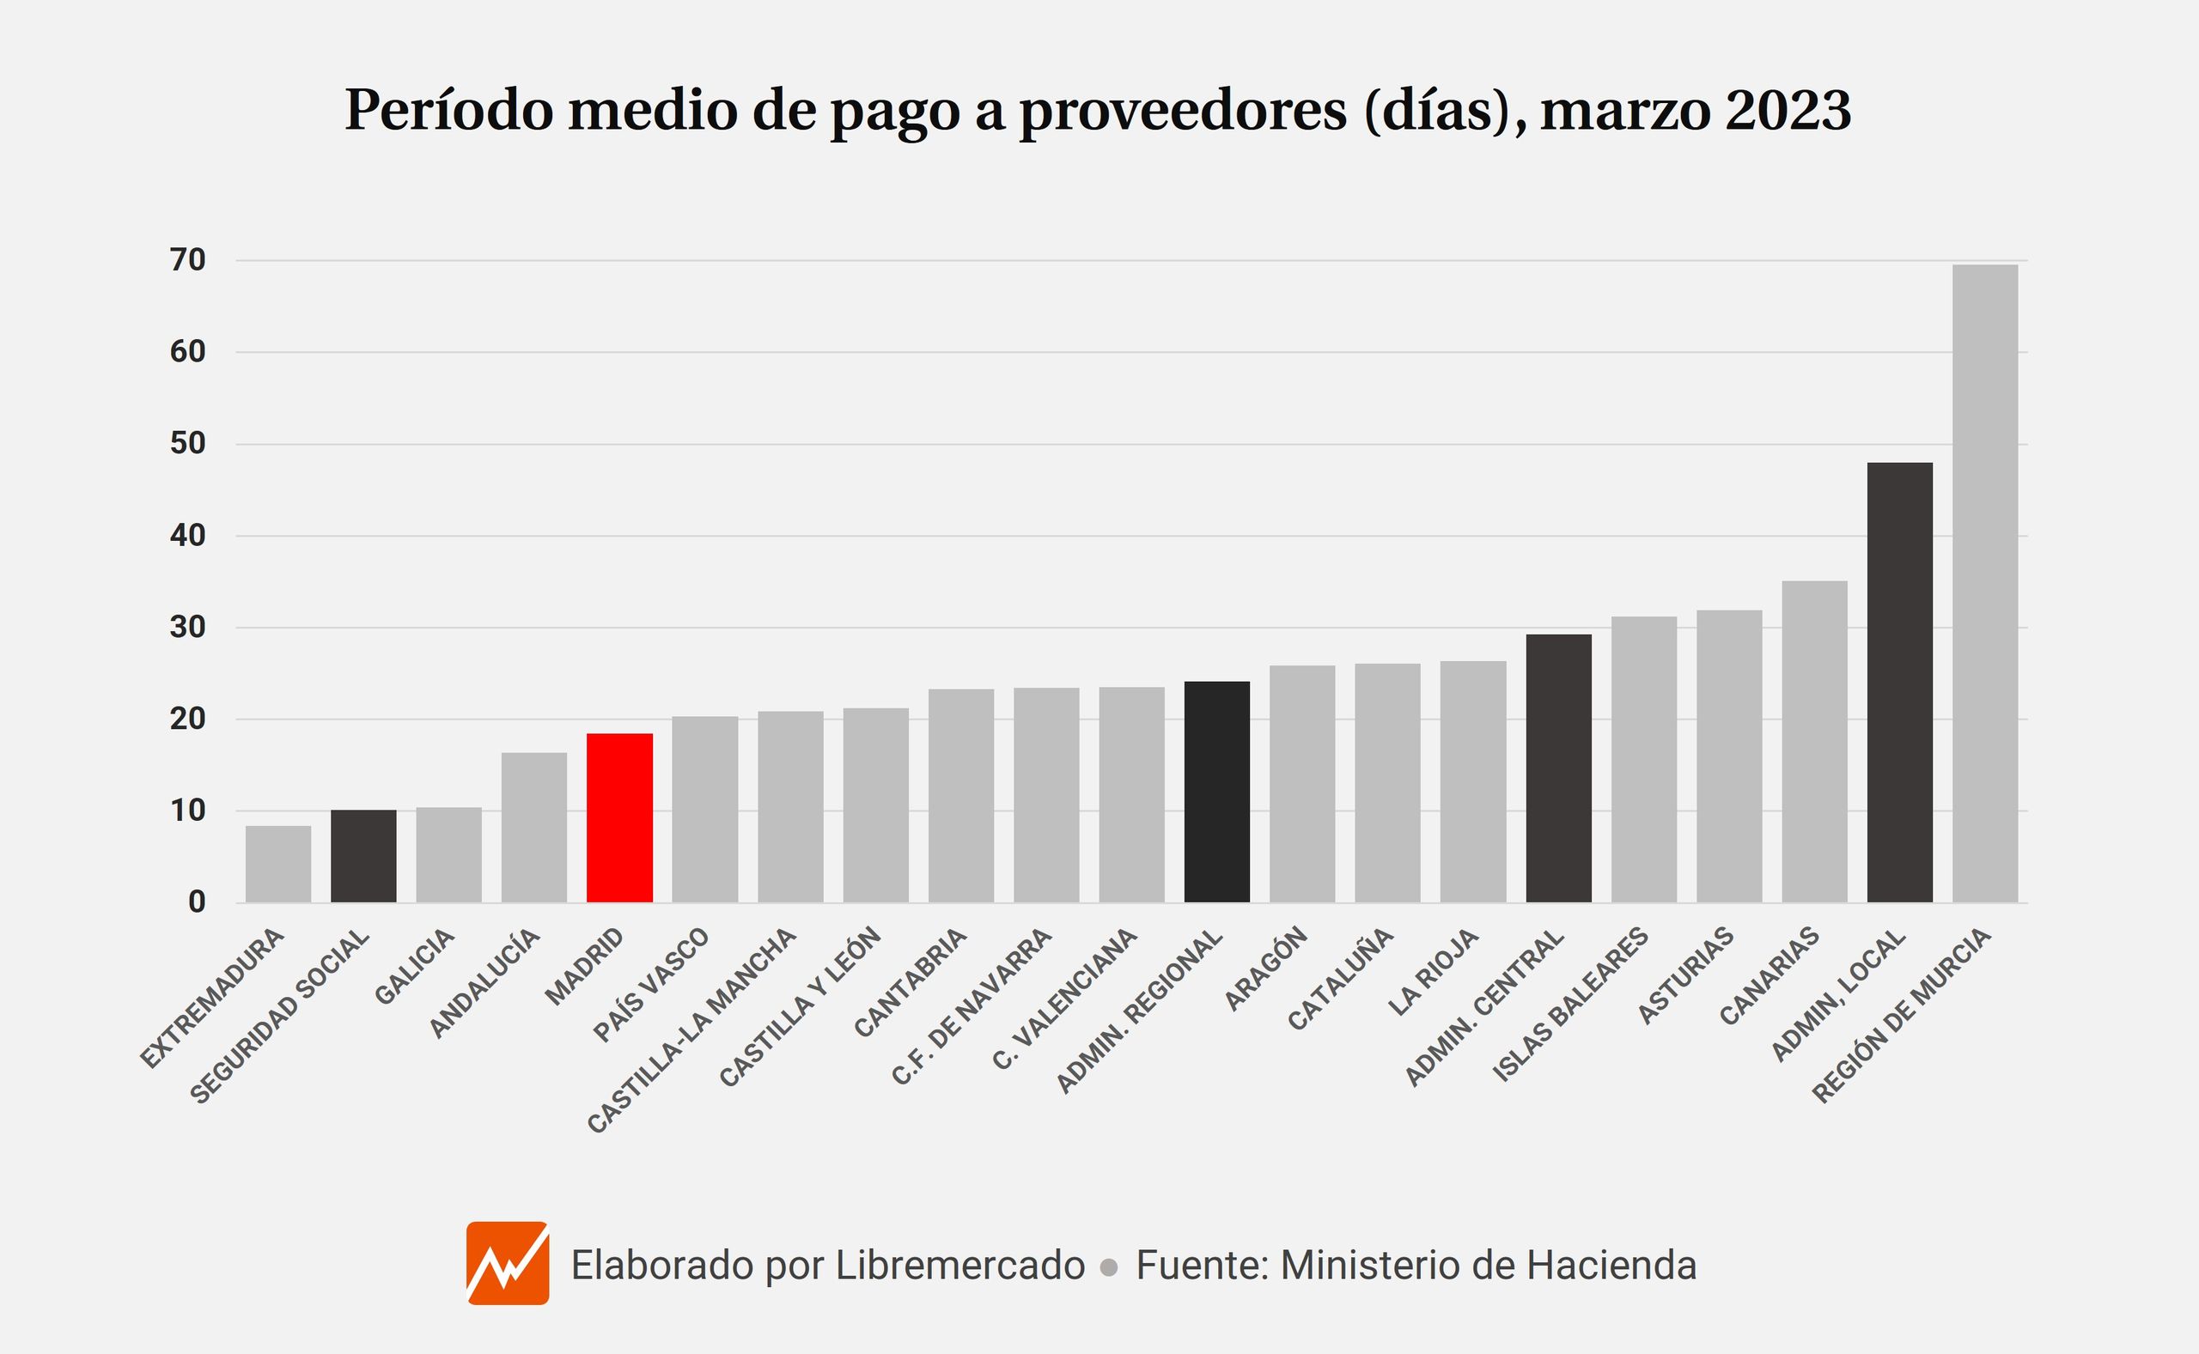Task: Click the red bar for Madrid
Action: pos(619,817)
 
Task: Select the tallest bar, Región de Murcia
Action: pos(1985,583)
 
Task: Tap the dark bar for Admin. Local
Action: pos(1900,683)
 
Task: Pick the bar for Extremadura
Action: pos(277,863)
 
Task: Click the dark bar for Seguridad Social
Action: pos(362,855)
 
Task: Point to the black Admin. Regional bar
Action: pos(1216,792)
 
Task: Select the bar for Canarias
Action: pos(1814,742)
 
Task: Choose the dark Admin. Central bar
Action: pos(1558,768)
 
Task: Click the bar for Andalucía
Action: pos(533,827)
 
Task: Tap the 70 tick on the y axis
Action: pos(187,261)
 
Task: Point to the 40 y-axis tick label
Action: pos(187,536)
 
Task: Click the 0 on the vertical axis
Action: pos(196,902)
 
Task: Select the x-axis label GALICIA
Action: pos(414,967)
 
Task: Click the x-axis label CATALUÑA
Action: pos(1340,979)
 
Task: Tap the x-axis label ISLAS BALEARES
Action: pos(1569,1005)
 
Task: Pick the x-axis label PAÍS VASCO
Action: pos(650,985)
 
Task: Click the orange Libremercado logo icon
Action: pos(507,1264)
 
